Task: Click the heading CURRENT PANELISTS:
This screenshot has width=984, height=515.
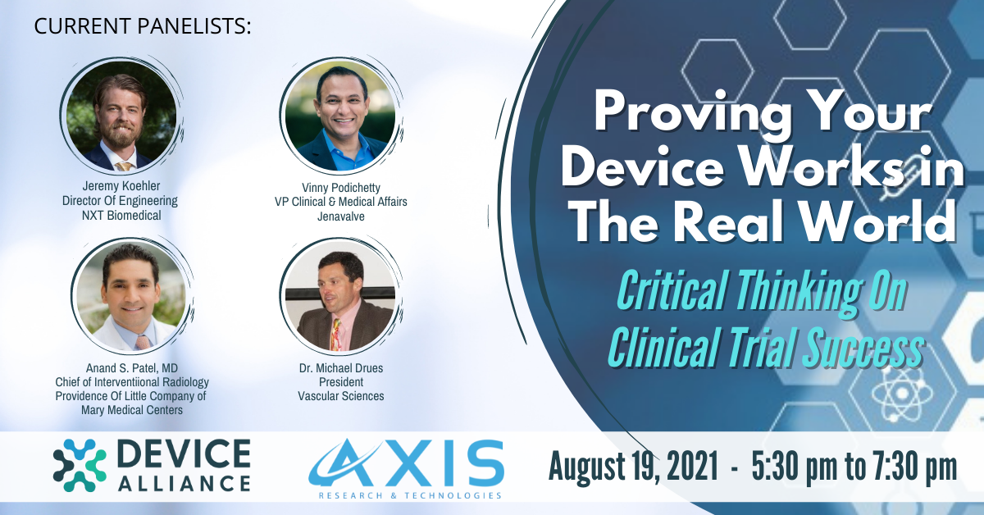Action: click(143, 25)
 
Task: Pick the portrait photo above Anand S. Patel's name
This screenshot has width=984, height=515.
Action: click(131, 297)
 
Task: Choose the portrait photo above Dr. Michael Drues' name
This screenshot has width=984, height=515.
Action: click(340, 297)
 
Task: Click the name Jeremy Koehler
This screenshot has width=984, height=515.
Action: click(121, 186)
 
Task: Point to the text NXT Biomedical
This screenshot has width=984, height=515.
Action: click(121, 216)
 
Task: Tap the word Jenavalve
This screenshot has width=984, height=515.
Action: click(341, 216)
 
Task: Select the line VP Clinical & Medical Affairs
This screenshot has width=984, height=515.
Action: click(341, 202)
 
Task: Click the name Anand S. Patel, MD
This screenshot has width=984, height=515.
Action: click(132, 367)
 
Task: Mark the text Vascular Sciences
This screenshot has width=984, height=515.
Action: click(341, 396)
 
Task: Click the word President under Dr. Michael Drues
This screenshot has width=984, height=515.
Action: click(341, 382)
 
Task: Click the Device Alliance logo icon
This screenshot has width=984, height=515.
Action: click(80, 465)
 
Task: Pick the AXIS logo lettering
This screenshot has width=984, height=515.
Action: click(407, 463)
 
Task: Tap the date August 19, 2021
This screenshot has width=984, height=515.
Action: click(633, 466)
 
